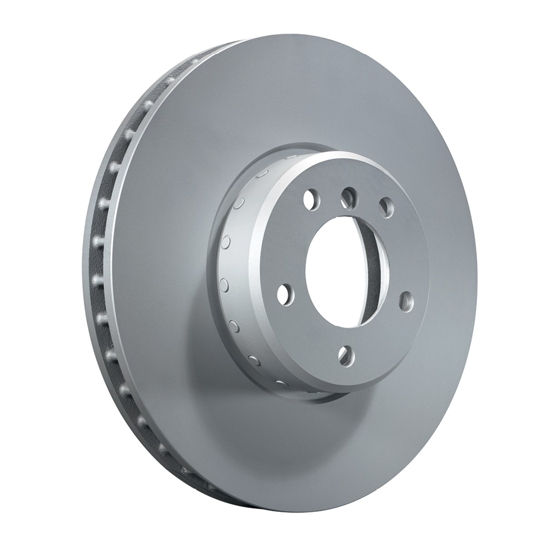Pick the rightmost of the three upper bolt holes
pyautogui.click(x=386, y=207)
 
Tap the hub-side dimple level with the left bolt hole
pyautogui.click(x=223, y=285)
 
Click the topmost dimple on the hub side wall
pyautogui.click(x=263, y=174)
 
